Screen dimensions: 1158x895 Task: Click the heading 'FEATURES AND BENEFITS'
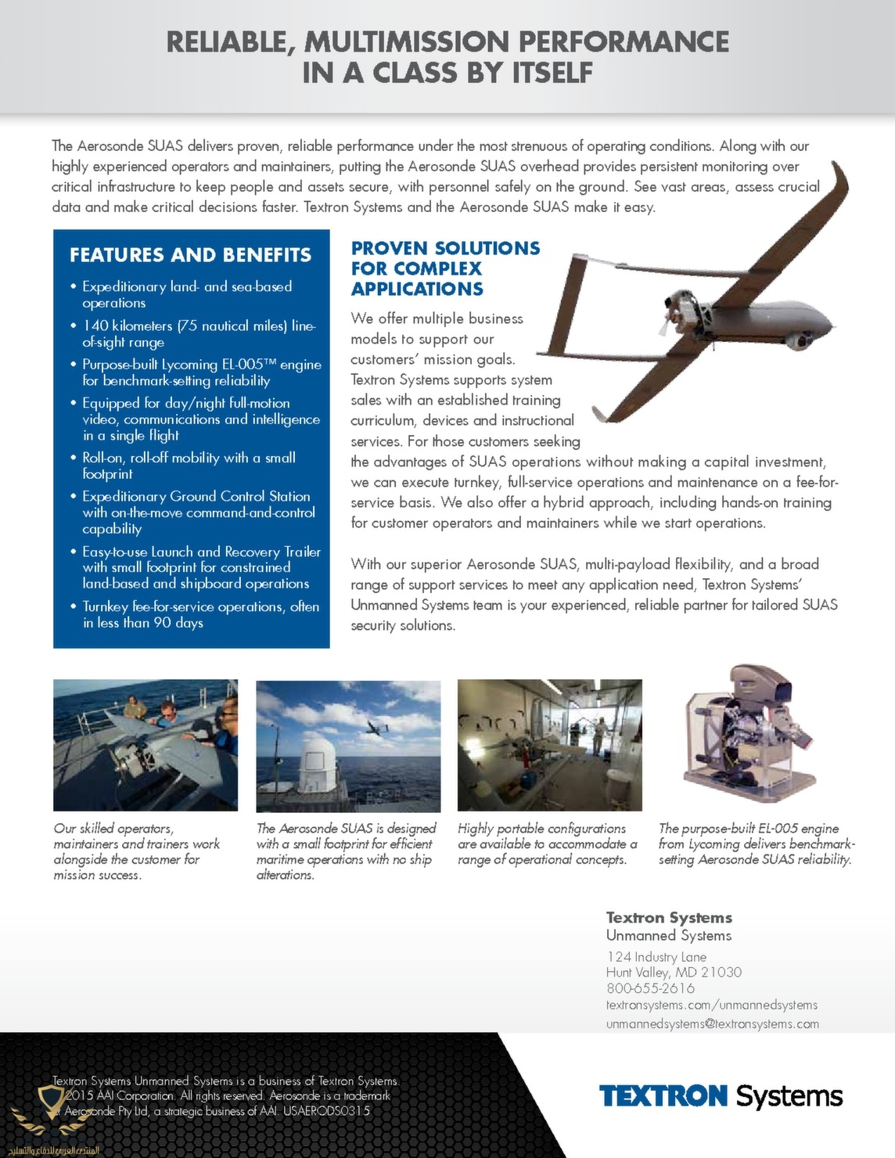click(x=190, y=255)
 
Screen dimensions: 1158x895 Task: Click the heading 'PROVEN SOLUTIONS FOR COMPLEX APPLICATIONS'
click(x=445, y=268)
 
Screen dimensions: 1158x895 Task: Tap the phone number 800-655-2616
click(x=650, y=988)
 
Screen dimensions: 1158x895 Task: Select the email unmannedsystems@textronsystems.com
click(x=712, y=1023)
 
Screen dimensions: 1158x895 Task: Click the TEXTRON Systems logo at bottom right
click(x=721, y=1096)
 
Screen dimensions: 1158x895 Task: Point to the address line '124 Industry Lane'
click(x=656, y=957)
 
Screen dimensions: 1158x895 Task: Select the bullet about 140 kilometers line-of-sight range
click(x=199, y=333)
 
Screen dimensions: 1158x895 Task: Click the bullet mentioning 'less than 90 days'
click(x=200, y=614)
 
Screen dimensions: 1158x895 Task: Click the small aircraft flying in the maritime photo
click(x=379, y=727)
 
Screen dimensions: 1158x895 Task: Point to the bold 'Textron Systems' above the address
click(x=669, y=917)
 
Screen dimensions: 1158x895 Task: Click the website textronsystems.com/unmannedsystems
click(x=711, y=1005)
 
